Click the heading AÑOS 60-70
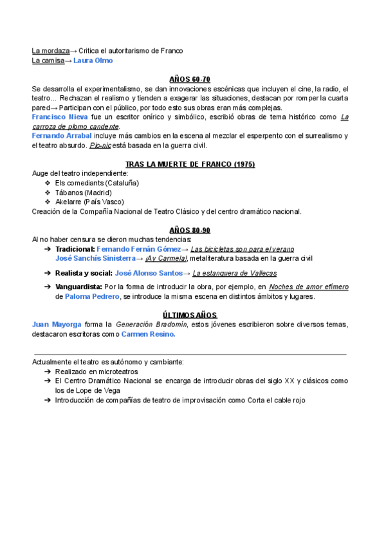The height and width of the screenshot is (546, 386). pyautogui.click(x=190, y=78)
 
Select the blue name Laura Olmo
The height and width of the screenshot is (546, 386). pyautogui.click(x=93, y=61)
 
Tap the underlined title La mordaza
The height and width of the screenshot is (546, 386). pyautogui.click(x=51, y=51)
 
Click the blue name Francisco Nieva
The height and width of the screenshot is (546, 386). pyautogui.click(x=60, y=117)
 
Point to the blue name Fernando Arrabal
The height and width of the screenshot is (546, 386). pyautogui.click(x=62, y=136)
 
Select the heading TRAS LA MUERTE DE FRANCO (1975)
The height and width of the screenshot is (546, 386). pyautogui.click(x=190, y=164)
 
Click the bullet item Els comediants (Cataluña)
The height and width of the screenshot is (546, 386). pyautogui.click(x=97, y=183)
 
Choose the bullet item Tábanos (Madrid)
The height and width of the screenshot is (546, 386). pyautogui.click(x=84, y=193)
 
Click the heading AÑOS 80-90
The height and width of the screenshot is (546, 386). pyautogui.click(x=190, y=230)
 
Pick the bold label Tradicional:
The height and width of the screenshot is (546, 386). pyautogui.click(x=75, y=249)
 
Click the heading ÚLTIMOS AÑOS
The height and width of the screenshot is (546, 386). pyautogui.click(x=190, y=315)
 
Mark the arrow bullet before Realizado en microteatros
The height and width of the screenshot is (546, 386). pyautogui.click(x=48, y=372)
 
